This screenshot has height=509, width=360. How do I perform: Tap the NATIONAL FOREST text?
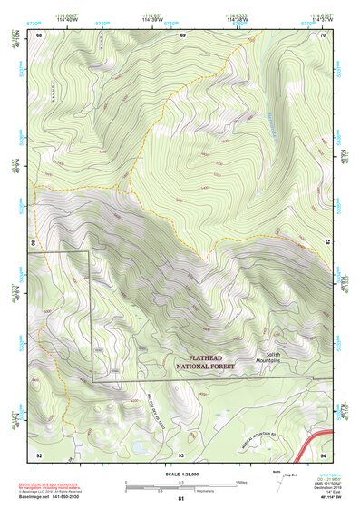pyautogui.click(x=205, y=367)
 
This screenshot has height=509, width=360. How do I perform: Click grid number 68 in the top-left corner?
pyautogui.click(x=39, y=34)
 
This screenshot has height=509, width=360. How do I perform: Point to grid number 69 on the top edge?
pyautogui.click(x=182, y=34)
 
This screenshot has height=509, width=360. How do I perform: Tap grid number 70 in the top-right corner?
pyautogui.click(x=323, y=34)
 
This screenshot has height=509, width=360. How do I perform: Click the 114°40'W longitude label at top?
pyautogui.click(x=65, y=20)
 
